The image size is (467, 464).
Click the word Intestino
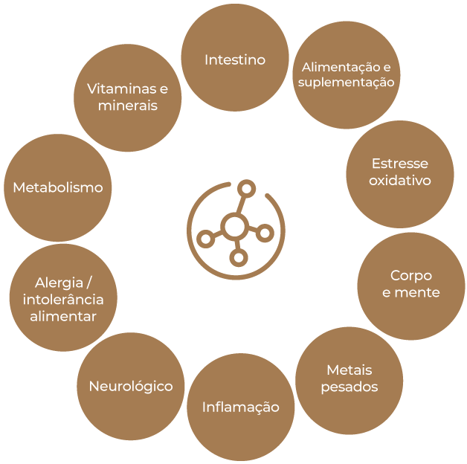point(235,60)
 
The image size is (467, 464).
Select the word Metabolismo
point(58,187)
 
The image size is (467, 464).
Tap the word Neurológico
point(131,387)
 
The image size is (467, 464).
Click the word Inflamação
point(241,407)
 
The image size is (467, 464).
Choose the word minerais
point(128,106)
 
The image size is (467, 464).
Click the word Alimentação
point(342,68)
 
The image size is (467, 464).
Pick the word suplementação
point(347,83)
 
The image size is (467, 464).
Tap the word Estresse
point(400,164)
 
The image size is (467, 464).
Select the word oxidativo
point(400,180)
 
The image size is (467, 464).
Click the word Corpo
point(411,276)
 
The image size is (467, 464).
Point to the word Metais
point(350,370)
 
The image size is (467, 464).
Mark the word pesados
point(350,387)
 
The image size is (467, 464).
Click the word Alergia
point(59,283)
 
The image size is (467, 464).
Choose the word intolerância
point(63,300)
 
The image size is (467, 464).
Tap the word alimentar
point(63,316)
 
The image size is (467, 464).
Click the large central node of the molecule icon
point(235,227)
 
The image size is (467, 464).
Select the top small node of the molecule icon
point(247,189)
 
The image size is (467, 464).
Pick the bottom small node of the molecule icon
point(239,257)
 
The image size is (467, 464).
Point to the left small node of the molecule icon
point(206,239)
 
